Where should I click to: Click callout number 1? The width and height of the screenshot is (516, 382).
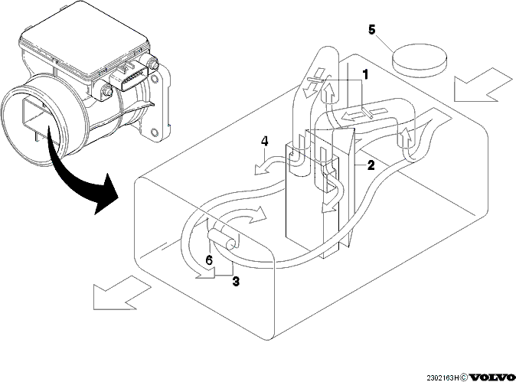[x=364, y=75]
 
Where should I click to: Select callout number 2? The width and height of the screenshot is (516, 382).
[x=371, y=165]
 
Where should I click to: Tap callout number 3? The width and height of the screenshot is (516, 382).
[x=236, y=281]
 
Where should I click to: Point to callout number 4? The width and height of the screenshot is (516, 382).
[x=264, y=142]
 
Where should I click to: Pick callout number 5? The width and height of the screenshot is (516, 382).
[x=371, y=30]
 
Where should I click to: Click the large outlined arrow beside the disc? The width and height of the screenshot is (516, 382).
[x=482, y=85]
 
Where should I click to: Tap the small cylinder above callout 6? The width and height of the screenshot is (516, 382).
[x=223, y=240]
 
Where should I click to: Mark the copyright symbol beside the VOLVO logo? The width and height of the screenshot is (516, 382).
[x=464, y=377]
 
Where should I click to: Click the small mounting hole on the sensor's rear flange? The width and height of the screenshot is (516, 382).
[x=154, y=133]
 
